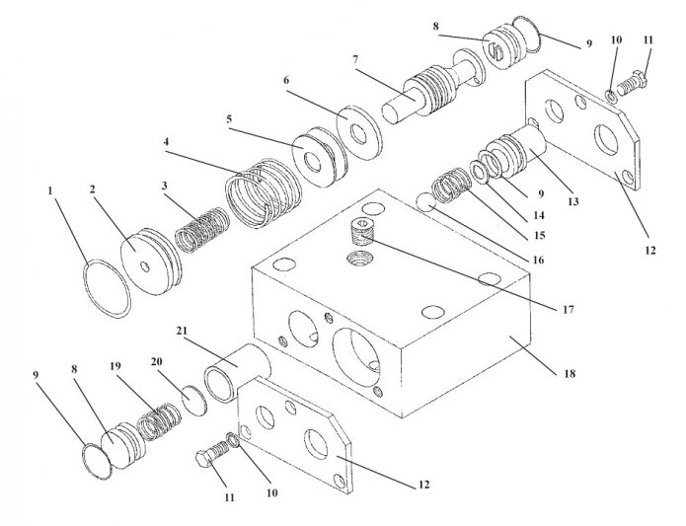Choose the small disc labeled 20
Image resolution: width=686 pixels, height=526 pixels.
(x=192, y=401)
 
